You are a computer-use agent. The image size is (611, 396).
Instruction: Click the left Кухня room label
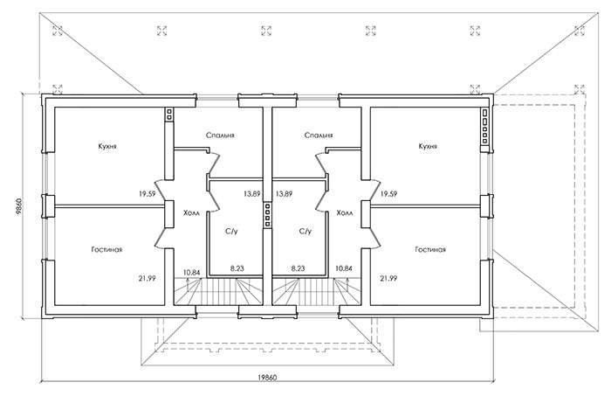[x=107, y=146]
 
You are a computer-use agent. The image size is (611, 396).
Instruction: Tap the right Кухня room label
[x=428, y=146]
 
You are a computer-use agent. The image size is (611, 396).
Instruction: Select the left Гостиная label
[x=107, y=249]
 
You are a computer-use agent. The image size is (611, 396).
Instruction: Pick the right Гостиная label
[x=430, y=249]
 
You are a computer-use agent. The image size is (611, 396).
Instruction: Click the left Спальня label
[x=220, y=135]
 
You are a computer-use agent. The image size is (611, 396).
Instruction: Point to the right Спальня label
[x=319, y=135]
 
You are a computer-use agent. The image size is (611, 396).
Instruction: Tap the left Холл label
[x=191, y=213]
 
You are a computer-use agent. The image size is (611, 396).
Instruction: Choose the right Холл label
[x=345, y=213]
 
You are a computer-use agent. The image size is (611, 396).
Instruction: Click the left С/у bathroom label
[x=231, y=232]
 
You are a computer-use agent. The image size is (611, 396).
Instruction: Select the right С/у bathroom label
[x=305, y=232]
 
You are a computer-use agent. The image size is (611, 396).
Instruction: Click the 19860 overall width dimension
[x=267, y=378]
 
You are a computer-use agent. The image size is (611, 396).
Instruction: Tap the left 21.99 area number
[x=147, y=278]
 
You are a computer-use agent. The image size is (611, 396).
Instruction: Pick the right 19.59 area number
[x=388, y=193]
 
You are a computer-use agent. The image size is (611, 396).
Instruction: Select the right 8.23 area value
[x=299, y=268]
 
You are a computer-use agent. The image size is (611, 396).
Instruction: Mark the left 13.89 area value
[x=251, y=193]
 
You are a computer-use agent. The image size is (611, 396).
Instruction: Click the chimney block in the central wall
[x=267, y=215]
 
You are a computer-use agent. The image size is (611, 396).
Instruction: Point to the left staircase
[x=218, y=291]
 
